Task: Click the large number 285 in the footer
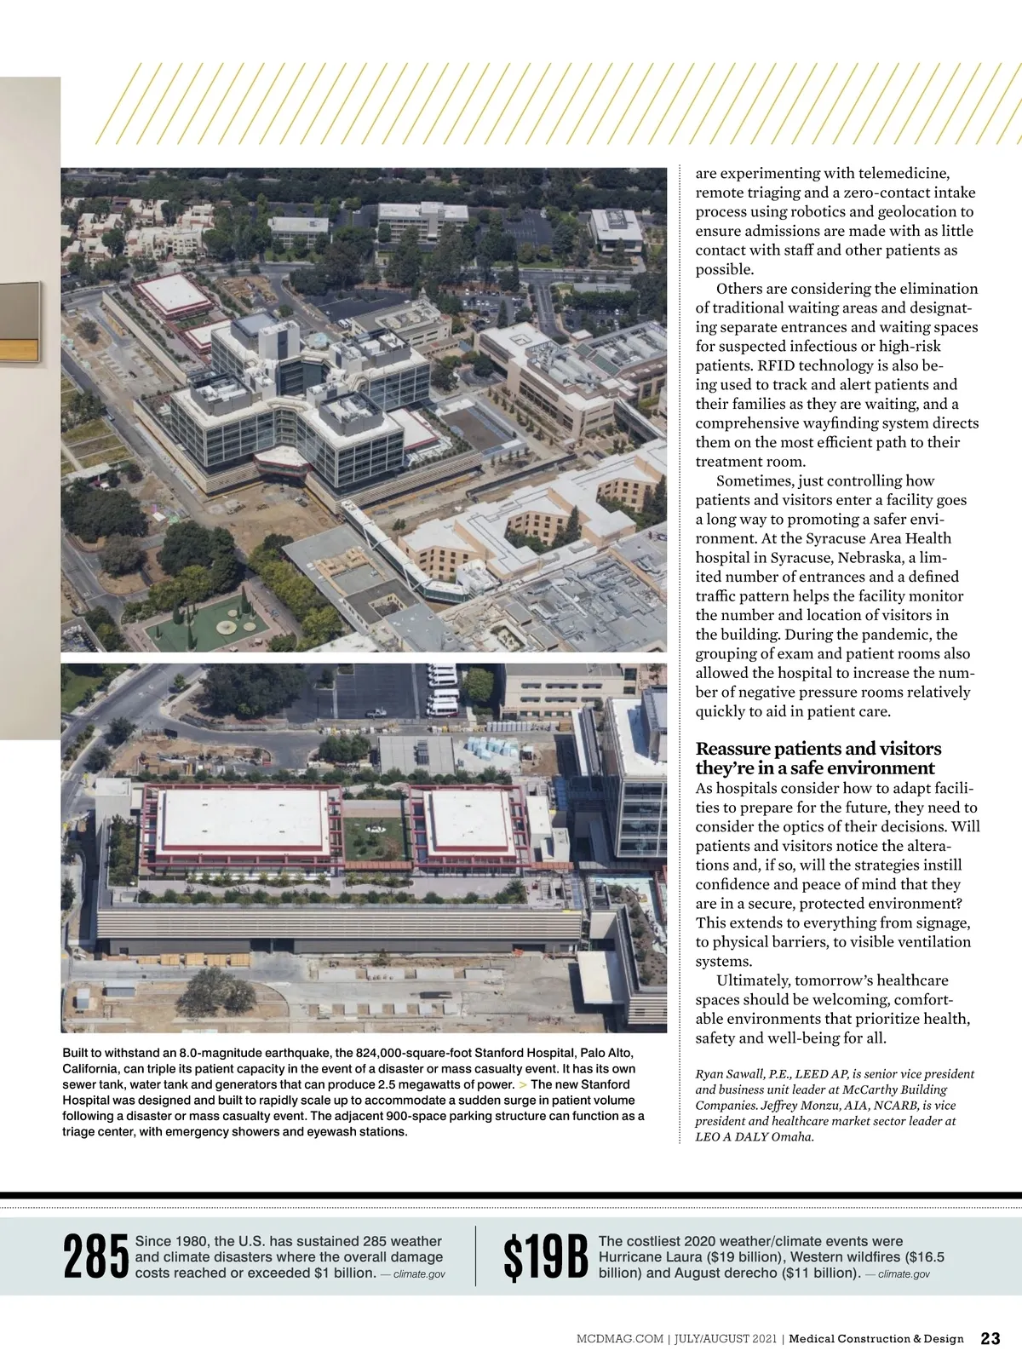(x=95, y=1257)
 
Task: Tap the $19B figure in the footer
(x=545, y=1257)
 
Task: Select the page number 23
(x=990, y=1338)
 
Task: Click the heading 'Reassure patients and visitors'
(x=818, y=749)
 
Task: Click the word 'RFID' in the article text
(x=776, y=365)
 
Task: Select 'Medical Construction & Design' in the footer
(x=876, y=1339)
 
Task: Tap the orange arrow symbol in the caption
(x=522, y=1084)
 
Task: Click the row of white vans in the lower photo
(x=441, y=689)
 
